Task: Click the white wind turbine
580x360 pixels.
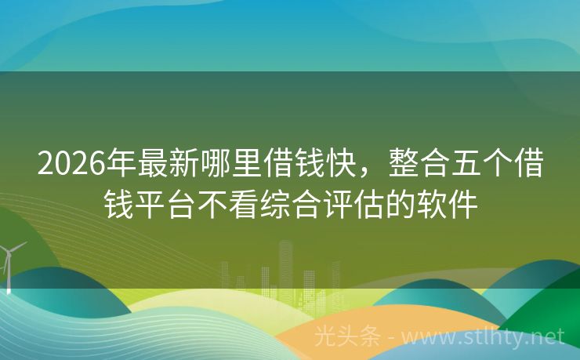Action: [x=9, y=262]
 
